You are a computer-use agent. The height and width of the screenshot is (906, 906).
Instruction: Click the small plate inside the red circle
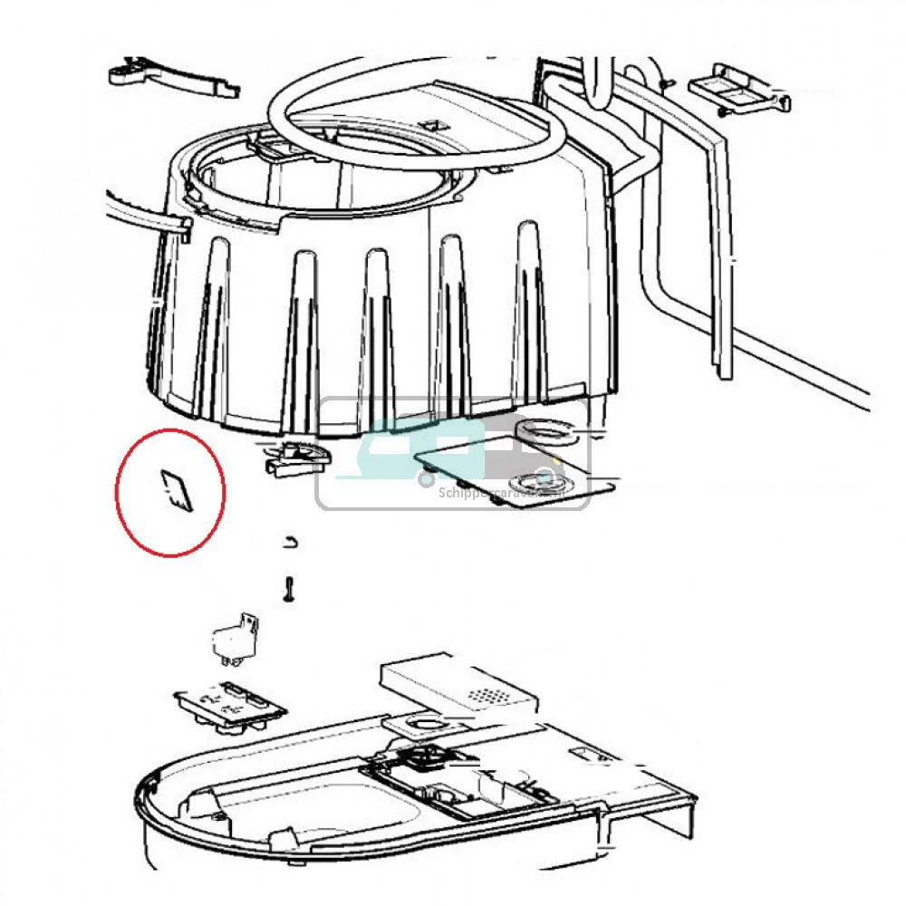[176, 491]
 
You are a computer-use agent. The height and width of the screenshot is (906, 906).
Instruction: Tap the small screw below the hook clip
[289, 588]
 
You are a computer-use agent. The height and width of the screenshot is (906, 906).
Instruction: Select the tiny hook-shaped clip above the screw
[289, 542]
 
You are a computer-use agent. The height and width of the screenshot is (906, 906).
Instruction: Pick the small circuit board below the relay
[230, 704]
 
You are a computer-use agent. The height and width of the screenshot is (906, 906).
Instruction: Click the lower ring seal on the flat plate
[540, 480]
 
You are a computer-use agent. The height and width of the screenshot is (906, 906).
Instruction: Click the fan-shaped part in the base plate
[421, 755]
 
